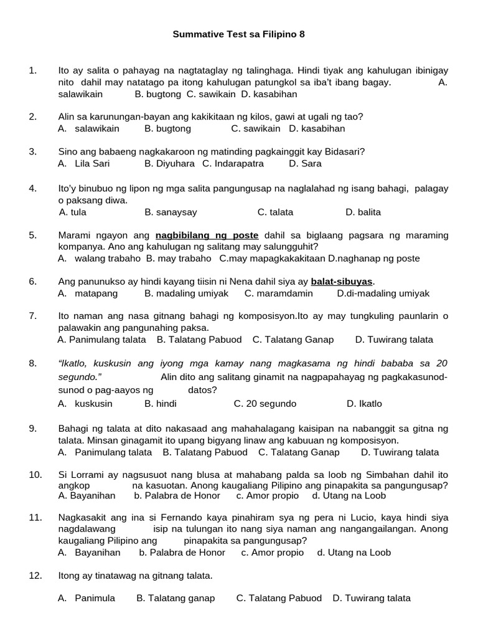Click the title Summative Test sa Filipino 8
pyautogui.click(x=239, y=35)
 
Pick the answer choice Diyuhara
pyautogui.click(x=170, y=163)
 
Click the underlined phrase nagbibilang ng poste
pyautogui.click(x=207, y=235)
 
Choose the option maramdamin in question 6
pyautogui.click(x=278, y=293)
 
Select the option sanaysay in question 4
pyautogui.click(x=171, y=212)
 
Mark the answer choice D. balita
pyautogui.click(x=363, y=212)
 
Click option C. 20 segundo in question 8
pyautogui.click(x=265, y=403)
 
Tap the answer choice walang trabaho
pyautogui.click(x=100, y=258)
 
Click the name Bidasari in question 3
pyautogui.click(x=344, y=151)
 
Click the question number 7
pyautogui.click(x=33, y=316)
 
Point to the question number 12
pyautogui.click(x=35, y=575)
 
